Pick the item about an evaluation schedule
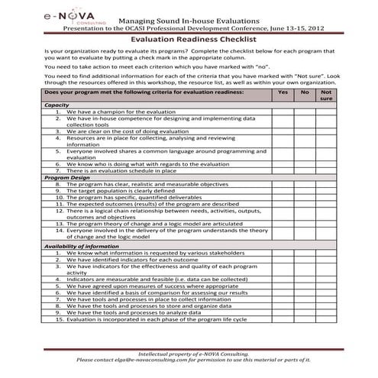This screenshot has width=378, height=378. (x=120, y=170)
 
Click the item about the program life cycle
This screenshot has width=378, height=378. (x=157, y=318)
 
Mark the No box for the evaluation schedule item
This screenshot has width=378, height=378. (x=305, y=170)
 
